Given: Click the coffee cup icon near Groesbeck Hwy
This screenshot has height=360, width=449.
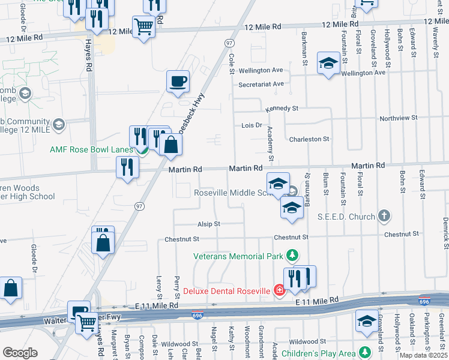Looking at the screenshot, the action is click(x=178, y=81).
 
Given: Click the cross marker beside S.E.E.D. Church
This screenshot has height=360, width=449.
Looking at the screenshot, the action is click(x=384, y=216).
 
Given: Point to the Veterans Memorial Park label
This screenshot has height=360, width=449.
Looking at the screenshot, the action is click(x=238, y=256).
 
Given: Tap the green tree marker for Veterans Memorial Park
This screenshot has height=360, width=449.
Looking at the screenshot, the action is click(x=292, y=256).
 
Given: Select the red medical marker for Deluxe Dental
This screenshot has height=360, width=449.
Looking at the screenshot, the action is click(x=279, y=291).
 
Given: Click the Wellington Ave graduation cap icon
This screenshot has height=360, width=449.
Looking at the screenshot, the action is click(x=328, y=62).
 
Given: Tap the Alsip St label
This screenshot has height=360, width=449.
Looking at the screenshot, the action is click(x=209, y=224).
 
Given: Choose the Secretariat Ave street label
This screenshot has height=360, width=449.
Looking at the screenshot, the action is click(x=261, y=84).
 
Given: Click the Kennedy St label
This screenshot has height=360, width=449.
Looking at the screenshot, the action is click(x=282, y=109).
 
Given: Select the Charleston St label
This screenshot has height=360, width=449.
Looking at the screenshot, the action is click(x=309, y=139).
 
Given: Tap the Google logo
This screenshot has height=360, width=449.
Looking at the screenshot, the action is click(x=20, y=352).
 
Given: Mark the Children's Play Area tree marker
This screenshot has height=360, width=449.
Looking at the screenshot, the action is click(x=364, y=351).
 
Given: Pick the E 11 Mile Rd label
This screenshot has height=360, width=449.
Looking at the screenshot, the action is click(x=317, y=298).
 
